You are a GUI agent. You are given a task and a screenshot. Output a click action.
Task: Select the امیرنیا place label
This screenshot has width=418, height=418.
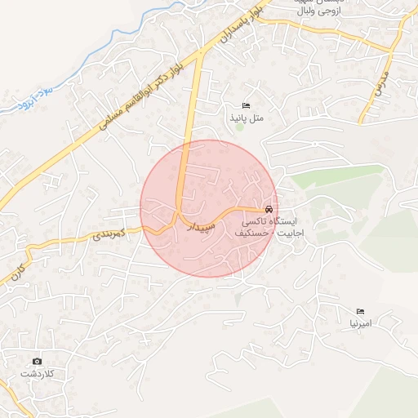pos(360,323)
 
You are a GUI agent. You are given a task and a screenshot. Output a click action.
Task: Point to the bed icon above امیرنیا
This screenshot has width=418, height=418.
pos(360,311)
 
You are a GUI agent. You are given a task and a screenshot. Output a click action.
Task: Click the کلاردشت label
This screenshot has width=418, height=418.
pos(37,374)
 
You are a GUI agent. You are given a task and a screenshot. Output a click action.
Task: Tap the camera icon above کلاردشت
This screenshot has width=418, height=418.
pos(37,361)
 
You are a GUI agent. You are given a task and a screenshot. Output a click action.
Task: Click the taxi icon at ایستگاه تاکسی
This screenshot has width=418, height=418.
pos(269,208)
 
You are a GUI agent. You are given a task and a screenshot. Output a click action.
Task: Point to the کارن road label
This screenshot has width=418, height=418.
pos(16,273)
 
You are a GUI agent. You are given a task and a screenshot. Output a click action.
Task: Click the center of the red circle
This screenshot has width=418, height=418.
pos(208,208)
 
